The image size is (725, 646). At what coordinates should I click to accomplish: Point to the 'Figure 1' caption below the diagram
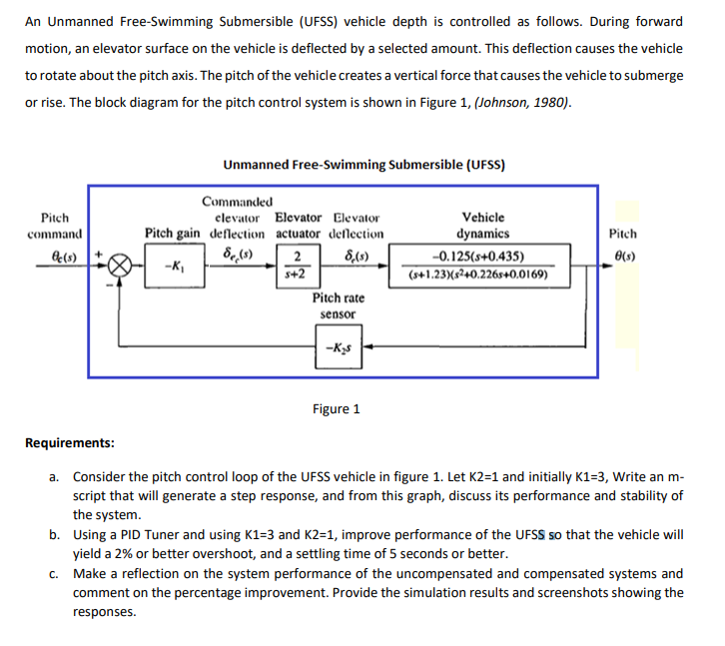(337, 409)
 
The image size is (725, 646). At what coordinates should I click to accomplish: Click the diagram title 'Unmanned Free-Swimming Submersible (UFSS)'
(364, 165)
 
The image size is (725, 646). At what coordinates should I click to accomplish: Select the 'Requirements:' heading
(69, 442)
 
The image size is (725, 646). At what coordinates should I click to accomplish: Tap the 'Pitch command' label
(55, 226)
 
